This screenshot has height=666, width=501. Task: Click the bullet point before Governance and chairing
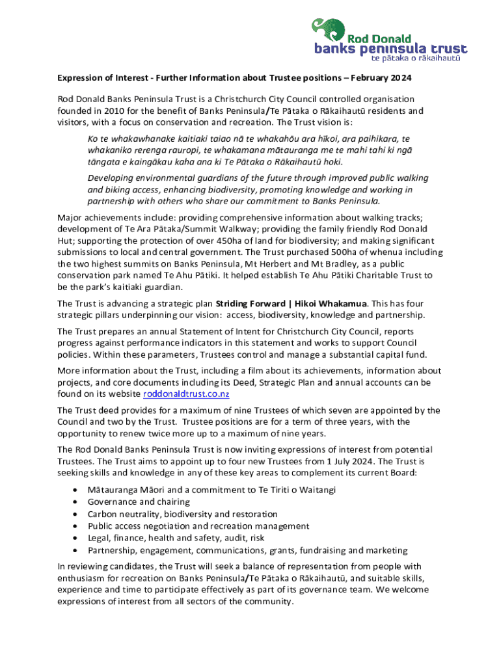point(78,502)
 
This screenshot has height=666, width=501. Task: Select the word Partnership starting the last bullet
point(112,550)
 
